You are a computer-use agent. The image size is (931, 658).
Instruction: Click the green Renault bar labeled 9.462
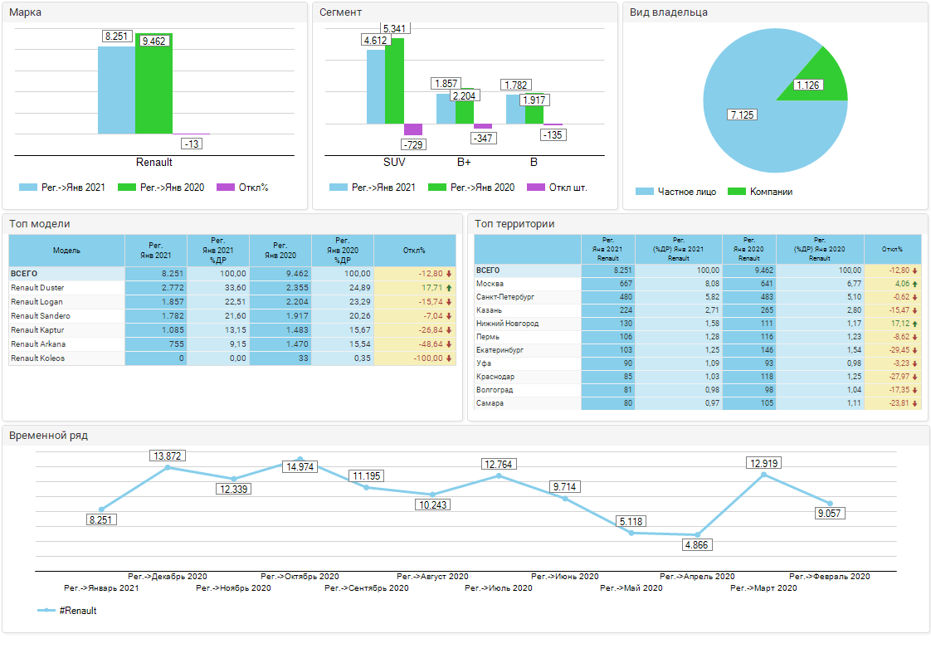click(x=154, y=84)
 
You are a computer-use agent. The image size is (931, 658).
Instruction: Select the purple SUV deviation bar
click(x=413, y=129)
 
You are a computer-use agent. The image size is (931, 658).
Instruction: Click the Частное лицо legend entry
click(x=675, y=192)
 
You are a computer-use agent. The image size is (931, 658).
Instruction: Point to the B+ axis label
click(x=464, y=162)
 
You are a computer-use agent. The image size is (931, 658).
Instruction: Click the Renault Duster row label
click(x=37, y=288)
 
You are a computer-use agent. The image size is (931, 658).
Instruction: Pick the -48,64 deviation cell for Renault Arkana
click(x=415, y=344)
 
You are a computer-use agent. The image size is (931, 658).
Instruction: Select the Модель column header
click(x=66, y=251)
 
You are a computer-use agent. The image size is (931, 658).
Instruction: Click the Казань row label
click(x=490, y=310)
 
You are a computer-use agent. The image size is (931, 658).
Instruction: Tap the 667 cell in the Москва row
click(x=608, y=284)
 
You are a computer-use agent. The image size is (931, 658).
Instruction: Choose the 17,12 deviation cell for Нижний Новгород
click(x=893, y=324)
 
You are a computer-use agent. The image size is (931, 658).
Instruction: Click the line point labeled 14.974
click(x=300, y=459)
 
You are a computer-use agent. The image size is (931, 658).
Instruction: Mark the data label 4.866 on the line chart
click(x=696, y=545)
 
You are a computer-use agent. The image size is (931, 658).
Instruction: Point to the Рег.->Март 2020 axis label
click(x=763, y=588)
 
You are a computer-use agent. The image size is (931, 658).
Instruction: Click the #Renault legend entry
click(x=67, y=611)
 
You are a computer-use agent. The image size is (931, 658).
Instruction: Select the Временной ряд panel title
click(x=49, y=436)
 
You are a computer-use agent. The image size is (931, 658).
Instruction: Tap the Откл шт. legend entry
click(x=557, y=188)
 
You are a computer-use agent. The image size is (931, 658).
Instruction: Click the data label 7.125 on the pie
click(x=742, y=115)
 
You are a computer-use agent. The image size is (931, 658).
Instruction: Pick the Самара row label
click(x=490, y=403)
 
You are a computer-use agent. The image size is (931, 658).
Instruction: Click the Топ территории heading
click(x=514, y=224)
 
